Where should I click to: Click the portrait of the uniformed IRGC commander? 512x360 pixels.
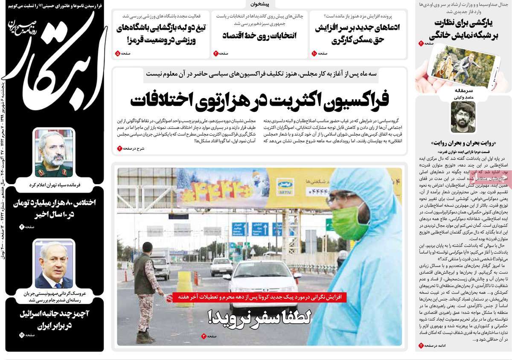(x=54, y=153)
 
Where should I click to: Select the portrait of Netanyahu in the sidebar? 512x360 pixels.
(x=54, y=264)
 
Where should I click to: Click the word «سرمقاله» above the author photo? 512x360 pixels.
(x=463, y=90)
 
